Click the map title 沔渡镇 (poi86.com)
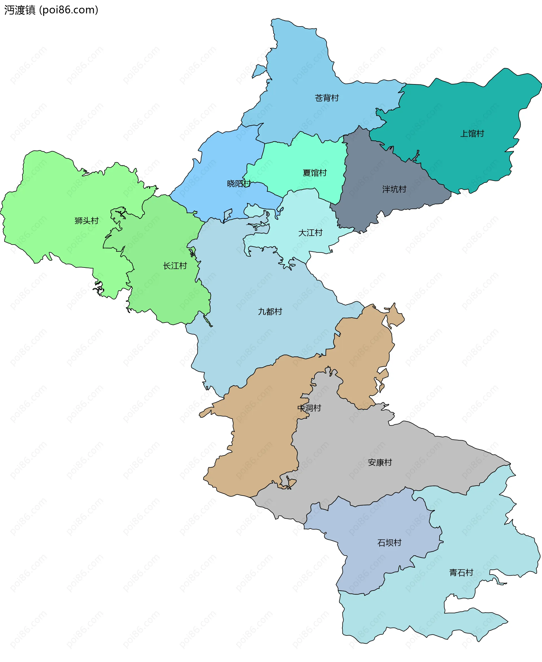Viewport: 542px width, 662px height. pyautogui.click(x=51, y=10)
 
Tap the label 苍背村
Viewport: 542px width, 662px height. pyautogui.click(x=327, y=98)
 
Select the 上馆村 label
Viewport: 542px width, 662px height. pyautogui.click(x=472, y=133)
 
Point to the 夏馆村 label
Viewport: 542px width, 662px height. pyautogui.click(x=314, y=173)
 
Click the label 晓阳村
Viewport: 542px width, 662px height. pyautogui.click(x=239, y=183)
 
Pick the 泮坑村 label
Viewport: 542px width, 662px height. pyautogui.click(x=394, y=189)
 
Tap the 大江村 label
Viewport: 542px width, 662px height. pyautogui.click(x=310, y=233)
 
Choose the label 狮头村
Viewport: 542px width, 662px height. pyautogui.click(x=86, y=221)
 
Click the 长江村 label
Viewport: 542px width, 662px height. pyautogui.click(x=175, y=266)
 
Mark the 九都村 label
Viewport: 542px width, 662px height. pyautogui.click(x=270, y=312)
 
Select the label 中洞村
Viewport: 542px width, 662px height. pyautogui.click(x=309, y=408)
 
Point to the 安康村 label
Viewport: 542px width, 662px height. pyautogui.click(x=380, y=462)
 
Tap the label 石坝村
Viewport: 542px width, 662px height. pyautogui.click(x=389, y=543)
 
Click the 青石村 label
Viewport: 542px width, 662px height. pyautogui.click(x=461, y=573)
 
